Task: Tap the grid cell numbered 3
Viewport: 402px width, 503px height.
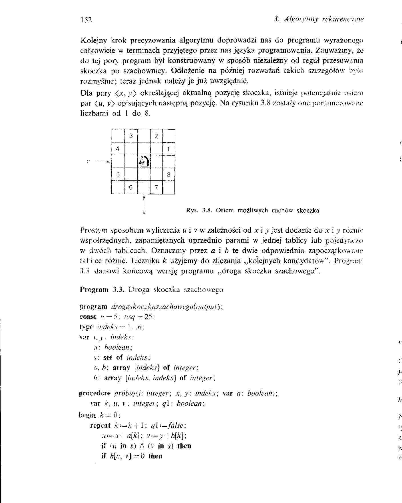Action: (131, 136)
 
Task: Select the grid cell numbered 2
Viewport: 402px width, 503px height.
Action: (156, 136)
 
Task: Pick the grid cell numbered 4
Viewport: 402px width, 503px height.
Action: (118, 149)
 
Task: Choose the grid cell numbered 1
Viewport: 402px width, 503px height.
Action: (169, 149)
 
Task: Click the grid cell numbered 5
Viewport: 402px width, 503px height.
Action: (118, 174)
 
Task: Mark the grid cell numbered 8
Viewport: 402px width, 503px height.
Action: (169, 174)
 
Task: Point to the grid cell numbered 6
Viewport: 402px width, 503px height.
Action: (131, 187)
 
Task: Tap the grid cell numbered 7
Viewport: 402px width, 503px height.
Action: (156, 187)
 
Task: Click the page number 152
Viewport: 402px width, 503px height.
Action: (86, 20)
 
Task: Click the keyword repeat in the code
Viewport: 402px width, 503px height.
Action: (100, 425)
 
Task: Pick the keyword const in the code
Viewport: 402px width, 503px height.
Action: (88, 317)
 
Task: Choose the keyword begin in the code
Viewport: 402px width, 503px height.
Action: (87, 415)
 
